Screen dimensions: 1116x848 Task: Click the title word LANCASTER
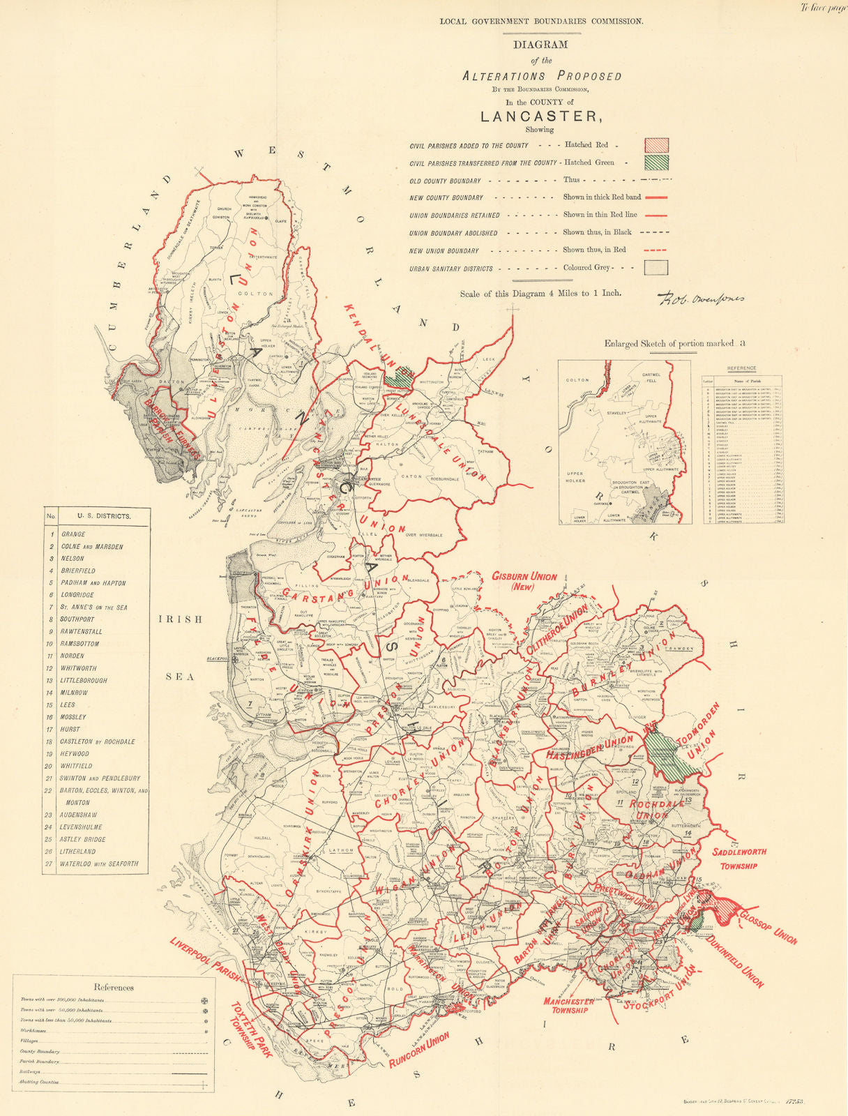[540, 116]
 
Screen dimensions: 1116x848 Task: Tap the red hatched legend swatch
[657, 145]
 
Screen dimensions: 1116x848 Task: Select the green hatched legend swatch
[657, 163]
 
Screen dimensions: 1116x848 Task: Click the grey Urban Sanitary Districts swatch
[657, 268]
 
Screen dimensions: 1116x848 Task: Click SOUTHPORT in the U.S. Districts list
[77, 619]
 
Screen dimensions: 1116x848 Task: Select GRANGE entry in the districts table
[73, 534]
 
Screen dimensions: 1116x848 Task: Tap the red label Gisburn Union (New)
[524, 582]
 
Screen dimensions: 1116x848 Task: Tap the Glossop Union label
[768, 928]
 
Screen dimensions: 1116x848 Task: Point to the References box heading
[114, 987]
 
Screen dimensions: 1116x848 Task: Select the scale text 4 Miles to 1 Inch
[540, 294]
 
